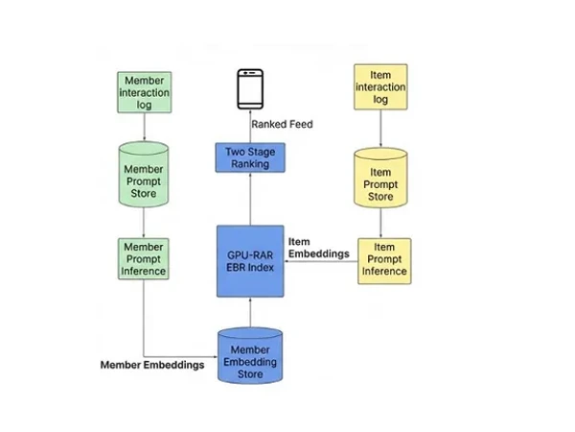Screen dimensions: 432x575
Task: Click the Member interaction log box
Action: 144,92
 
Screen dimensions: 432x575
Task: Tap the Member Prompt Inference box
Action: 144,258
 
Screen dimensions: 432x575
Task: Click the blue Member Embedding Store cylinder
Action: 250,355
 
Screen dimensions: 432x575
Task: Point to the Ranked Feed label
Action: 282,124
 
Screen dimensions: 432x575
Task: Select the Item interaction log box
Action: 380,86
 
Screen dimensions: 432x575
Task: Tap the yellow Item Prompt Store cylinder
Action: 381,179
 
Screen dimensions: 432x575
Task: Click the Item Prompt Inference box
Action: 384,258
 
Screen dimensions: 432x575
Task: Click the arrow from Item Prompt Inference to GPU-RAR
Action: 320,262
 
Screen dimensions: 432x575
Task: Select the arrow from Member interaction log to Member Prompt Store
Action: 144,128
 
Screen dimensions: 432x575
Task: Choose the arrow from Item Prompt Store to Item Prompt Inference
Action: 381,224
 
